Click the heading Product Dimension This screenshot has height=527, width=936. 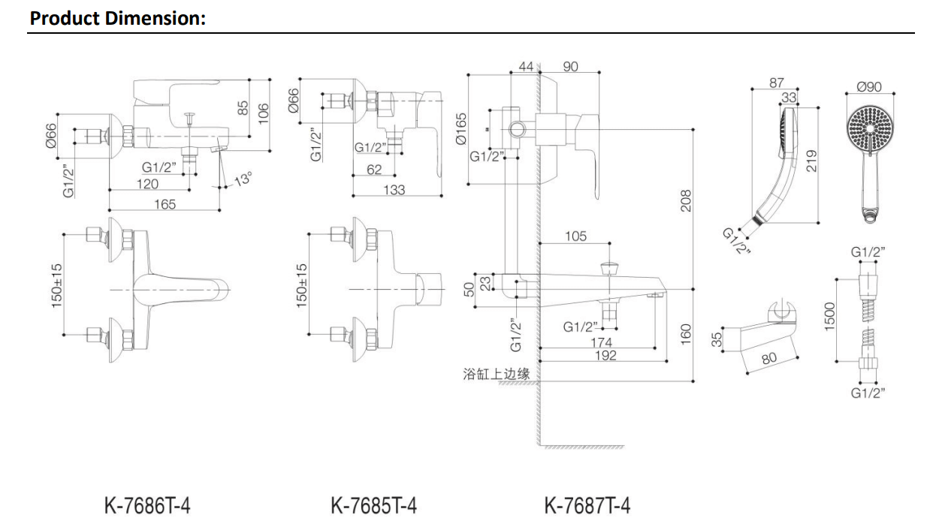pos(117,18)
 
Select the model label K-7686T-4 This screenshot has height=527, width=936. pos(146,505)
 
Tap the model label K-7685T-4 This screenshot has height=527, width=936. pos(373,505)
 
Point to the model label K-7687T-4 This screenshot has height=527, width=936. pos(587,505)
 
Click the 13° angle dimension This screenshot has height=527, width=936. pos(242,180)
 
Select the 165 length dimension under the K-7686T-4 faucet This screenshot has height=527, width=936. pos(165,203)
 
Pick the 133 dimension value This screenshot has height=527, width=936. pos(394,190)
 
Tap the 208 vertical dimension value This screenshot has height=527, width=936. pos(685,200)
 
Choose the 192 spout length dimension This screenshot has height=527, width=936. pos(605,355)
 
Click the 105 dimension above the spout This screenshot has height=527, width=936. pos(575,236)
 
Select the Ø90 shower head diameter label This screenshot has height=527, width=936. pos(870,87)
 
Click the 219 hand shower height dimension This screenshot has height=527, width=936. pos(811,160)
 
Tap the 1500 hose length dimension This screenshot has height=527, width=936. pos(830,316)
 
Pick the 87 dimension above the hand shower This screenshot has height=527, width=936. pos(777,83)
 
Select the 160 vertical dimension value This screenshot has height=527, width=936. pos(685,334)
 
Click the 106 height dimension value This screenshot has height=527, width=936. pos(262,113)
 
